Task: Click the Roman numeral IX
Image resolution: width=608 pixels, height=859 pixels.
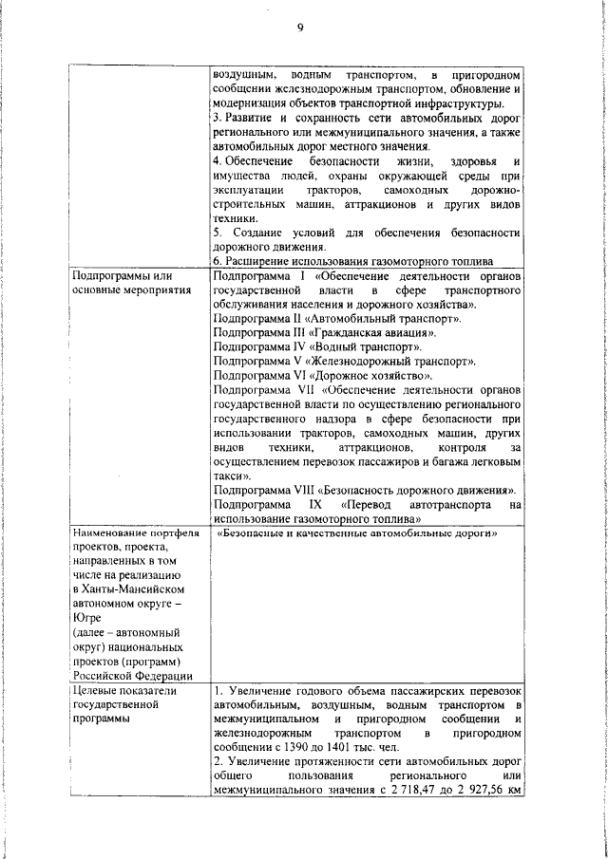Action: [330, 505]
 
